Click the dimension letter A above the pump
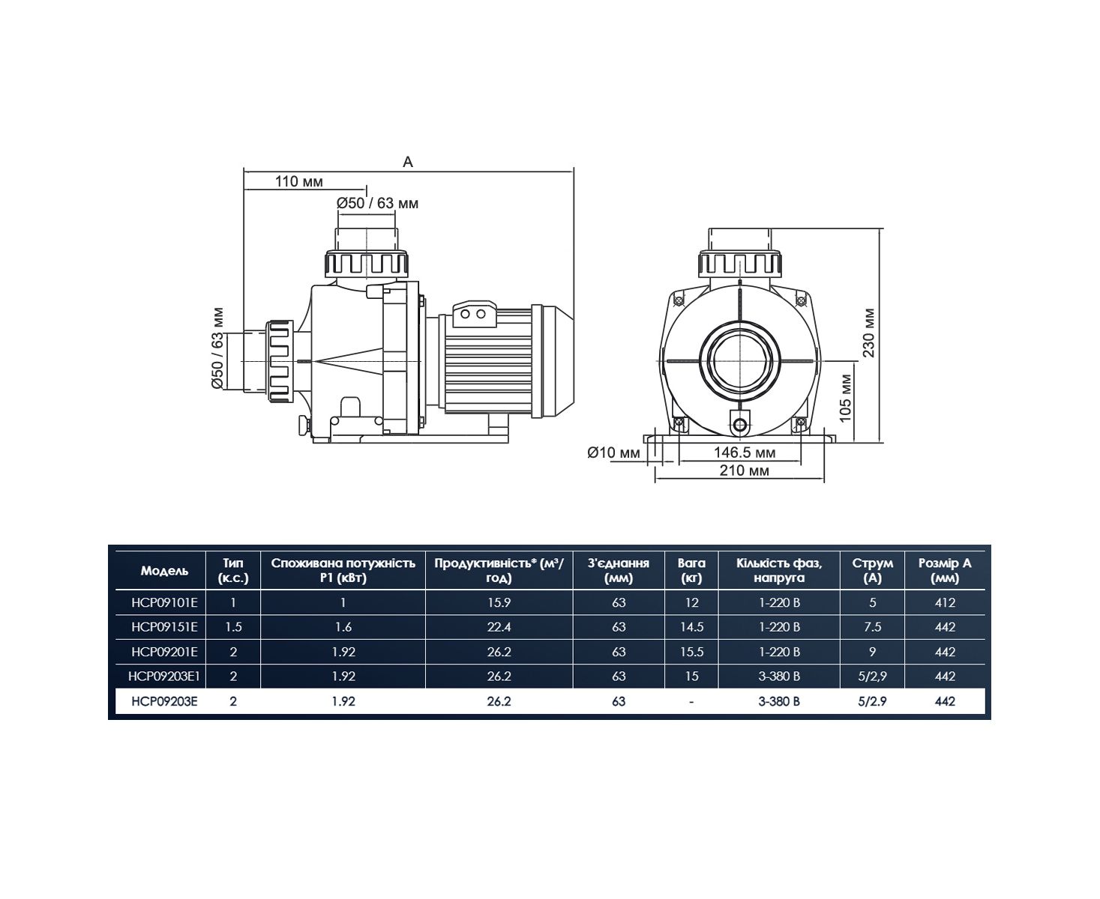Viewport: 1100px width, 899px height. tap(408, 162)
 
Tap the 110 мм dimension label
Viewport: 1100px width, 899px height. tap(299, 181)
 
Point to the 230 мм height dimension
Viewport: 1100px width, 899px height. tap(868, 333)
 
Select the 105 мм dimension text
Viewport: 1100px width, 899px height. tap(846, 398)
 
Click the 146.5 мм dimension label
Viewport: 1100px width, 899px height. tap(745, 452)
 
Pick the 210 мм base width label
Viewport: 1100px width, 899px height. tap(745, 470)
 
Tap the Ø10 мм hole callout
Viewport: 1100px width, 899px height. tap(613, 452)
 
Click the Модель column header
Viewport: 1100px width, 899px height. tap(164, 571)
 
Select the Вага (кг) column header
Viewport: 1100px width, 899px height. tap(691, 570)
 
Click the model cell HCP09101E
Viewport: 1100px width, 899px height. tap(164, 602)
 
